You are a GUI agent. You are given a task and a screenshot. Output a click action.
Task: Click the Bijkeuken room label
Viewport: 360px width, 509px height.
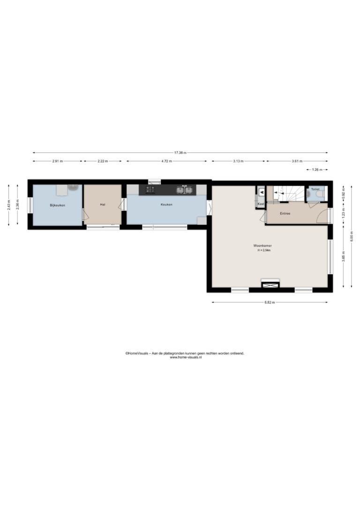(58, 205)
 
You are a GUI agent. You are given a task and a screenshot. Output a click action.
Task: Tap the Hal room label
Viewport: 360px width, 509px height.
(103, 204)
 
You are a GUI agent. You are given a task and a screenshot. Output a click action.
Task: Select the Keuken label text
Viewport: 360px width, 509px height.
(166, 204)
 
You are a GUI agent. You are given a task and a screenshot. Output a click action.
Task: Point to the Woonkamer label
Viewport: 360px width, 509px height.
(262, 246)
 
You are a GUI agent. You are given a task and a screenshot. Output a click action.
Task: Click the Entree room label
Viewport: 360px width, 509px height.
(285, 214)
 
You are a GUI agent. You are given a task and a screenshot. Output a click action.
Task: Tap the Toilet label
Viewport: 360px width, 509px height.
(315, 189)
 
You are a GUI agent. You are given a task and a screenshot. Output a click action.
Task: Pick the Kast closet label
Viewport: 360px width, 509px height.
(261, 204)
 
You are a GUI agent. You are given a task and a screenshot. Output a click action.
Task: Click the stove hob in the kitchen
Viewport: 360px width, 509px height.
(150, 189)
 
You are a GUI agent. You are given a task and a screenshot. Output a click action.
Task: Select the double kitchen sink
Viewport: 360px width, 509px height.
(184, 189)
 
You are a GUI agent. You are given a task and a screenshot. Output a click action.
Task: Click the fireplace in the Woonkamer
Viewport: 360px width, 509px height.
(270, 284)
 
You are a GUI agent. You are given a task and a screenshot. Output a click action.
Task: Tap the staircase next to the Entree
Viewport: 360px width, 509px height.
(285, 194)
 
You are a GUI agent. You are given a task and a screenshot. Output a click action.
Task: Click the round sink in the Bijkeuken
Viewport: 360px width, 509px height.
(74, 187)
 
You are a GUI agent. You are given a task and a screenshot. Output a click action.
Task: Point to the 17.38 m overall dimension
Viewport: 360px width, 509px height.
(180, 153)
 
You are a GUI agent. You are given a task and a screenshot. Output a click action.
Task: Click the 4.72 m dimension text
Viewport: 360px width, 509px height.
(166, 161)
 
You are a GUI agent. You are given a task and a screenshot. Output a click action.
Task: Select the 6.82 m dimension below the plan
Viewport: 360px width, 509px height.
(270, 302)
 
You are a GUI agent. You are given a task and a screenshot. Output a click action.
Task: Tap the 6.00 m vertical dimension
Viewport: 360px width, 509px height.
(352, 236)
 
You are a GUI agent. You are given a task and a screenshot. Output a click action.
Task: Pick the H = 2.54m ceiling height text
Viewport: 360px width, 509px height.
(264, 250)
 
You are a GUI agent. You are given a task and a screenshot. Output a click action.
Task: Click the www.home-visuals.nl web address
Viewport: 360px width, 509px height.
(186, 357)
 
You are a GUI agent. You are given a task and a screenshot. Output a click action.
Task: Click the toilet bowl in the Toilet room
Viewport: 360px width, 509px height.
(320, 195)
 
